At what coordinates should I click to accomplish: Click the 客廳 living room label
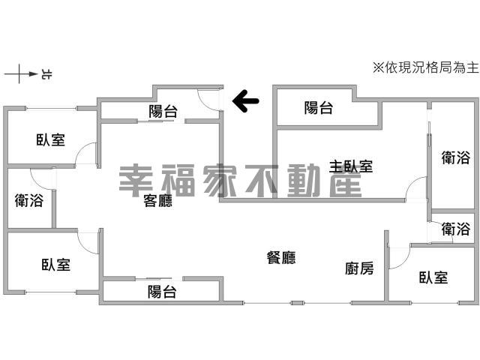(x=158, y=201)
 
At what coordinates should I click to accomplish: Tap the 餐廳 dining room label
(x=281, y=258)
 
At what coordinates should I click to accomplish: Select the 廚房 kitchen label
(x=359, y=268)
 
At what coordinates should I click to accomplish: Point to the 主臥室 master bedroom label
(x=351, y=166)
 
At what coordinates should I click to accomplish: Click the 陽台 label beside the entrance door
(x=163, y=111)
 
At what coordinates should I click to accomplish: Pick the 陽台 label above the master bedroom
(x=319, y=108)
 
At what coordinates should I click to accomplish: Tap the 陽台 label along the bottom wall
(x=162, y=292)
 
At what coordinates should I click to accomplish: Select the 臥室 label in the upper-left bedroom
(x=51, y=139)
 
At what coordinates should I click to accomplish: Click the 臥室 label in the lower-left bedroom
(x=56, y=265)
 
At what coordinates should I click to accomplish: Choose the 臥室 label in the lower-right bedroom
(x=433, y=277)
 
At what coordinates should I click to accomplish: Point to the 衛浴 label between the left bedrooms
(x=29, y=200)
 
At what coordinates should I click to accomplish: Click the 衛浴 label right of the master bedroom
(x=456, y=157)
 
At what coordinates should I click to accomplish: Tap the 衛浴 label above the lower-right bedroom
(x=456, y=229)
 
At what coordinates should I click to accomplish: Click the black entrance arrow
(x=245, y=100)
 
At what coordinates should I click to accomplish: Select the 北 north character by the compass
(x=46, y=74)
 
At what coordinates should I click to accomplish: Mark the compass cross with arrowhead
(x=20, y=73)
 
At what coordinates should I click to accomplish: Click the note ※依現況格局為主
(x=425, y=67)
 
